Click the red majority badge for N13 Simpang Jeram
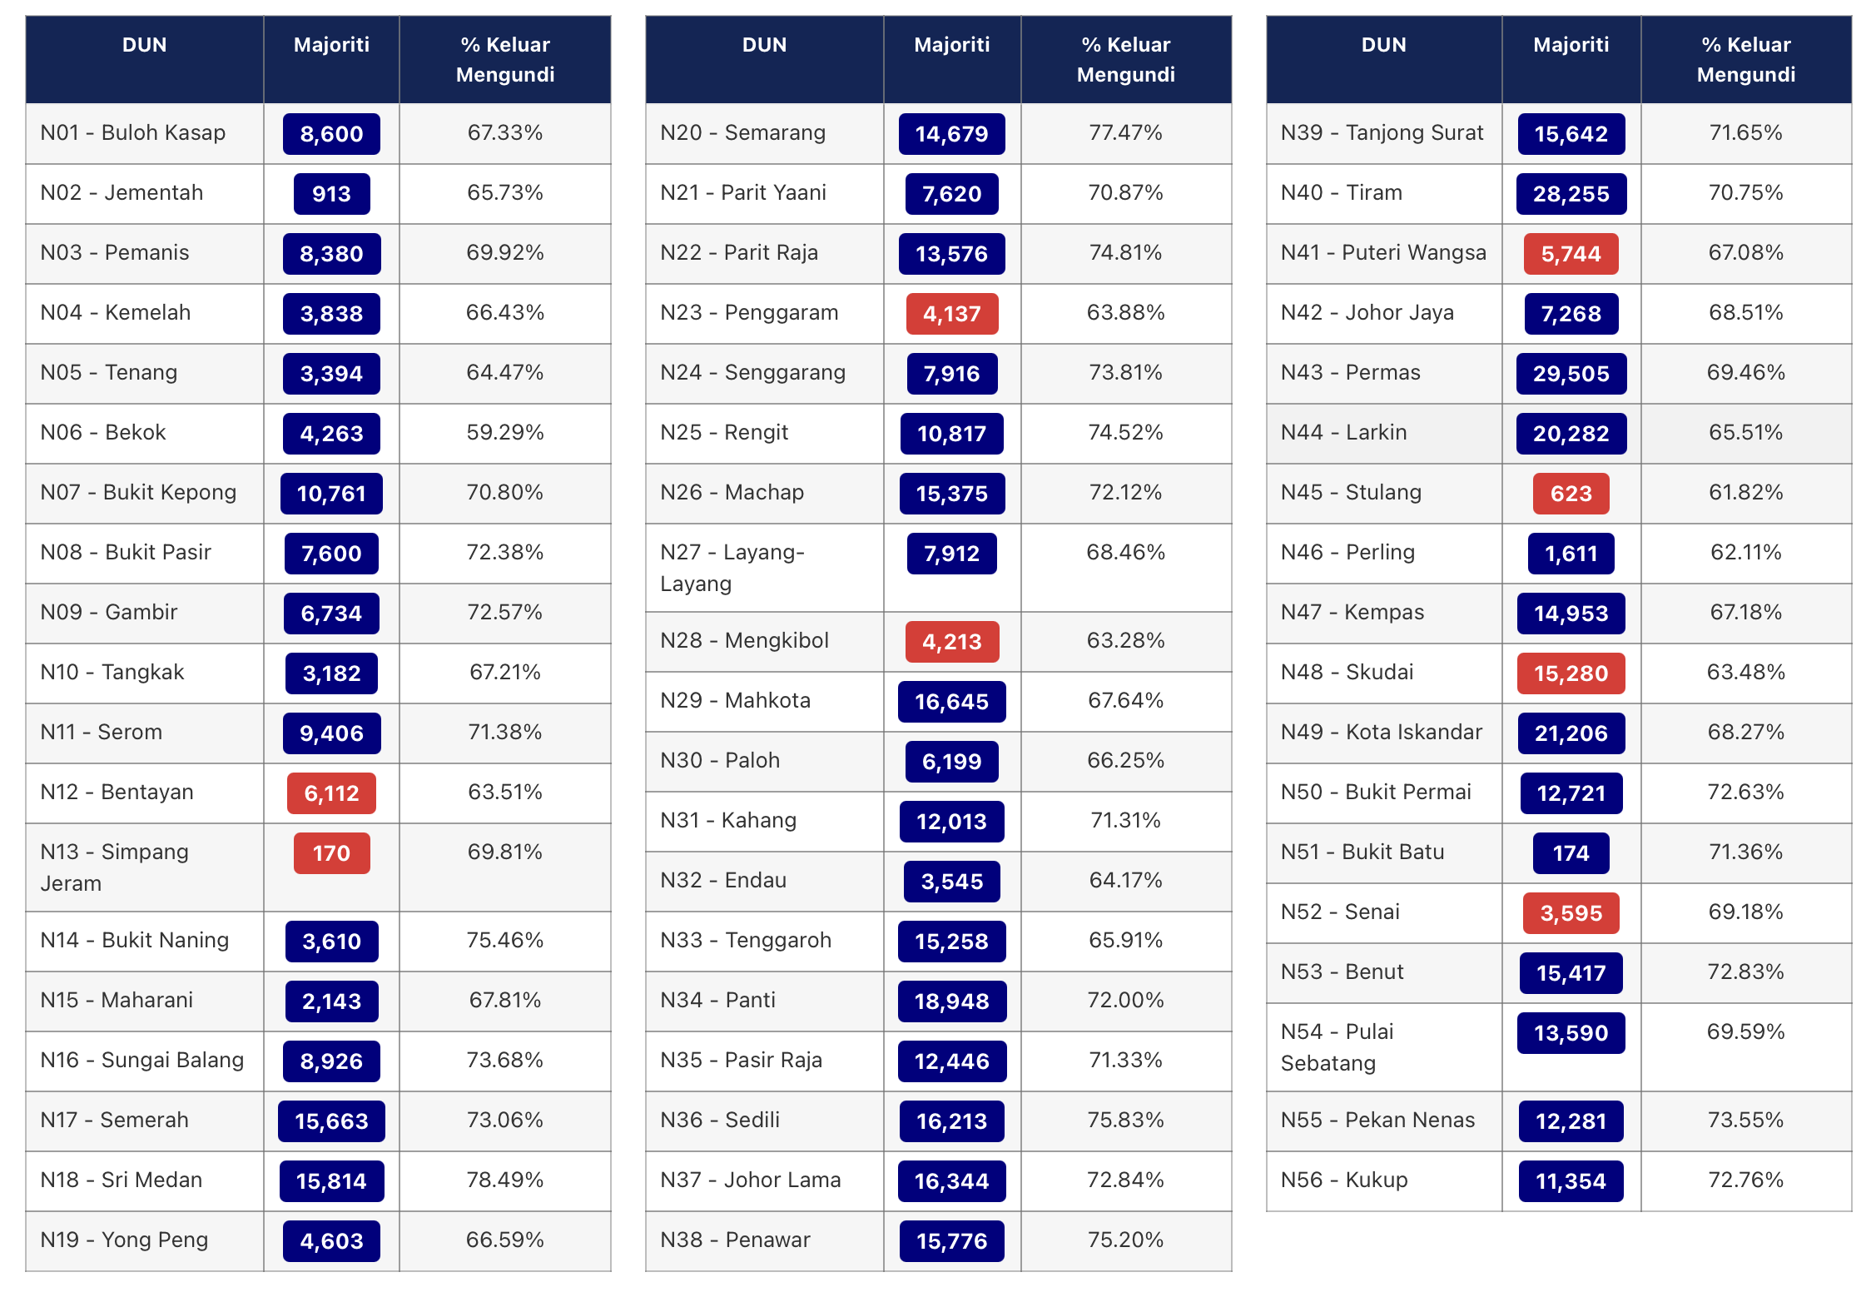[331, 853]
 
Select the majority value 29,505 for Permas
[1571, 374]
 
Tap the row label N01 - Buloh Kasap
[133, 133]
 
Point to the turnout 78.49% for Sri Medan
[505, 1180]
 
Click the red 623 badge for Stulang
[1571, 494]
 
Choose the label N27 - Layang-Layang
[732, 568]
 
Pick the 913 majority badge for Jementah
[331, 194]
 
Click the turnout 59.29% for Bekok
[505, 432]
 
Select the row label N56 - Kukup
[1344, 1180]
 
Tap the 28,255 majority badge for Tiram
[1571, 194]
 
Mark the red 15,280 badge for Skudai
[1571, 673]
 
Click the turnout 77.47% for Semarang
[1125, 132]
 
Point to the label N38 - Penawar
[735, 1240]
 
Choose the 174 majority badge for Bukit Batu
[1571, 853]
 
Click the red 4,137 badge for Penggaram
[951, 314]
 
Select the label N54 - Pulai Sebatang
[1337, 1047]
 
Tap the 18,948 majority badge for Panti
[951, 1001]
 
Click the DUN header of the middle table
[764, 45]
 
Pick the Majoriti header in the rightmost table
[1571, 45]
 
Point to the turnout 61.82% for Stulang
[1745, 492]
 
